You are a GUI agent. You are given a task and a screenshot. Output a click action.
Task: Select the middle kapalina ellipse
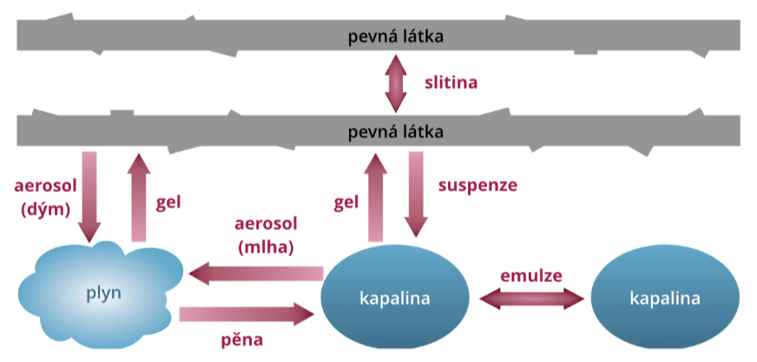coord(395,299)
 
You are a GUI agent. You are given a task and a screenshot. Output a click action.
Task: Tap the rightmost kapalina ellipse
coord(664,299)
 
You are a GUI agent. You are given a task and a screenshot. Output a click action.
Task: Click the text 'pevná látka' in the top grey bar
coord(396,36)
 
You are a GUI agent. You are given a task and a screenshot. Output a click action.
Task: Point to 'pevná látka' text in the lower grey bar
coord(396,132)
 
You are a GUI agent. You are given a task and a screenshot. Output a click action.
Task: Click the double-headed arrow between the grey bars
coord(396,83)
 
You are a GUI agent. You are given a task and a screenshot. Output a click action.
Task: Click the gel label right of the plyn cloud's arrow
coord(168,201)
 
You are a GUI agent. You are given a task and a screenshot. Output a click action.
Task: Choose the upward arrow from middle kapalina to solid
coord(375,197)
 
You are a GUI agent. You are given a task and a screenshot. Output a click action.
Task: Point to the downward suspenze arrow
coord(417,195)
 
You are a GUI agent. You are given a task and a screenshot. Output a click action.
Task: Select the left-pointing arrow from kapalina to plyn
coord(257,274)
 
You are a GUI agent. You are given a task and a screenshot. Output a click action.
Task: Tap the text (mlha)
coord(265,247)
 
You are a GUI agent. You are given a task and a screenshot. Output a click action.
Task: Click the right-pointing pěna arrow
coord(247,313)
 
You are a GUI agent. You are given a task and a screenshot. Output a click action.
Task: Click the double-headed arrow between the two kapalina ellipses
coord(531,298)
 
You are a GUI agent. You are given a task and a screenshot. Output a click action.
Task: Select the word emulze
coord(531,275)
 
